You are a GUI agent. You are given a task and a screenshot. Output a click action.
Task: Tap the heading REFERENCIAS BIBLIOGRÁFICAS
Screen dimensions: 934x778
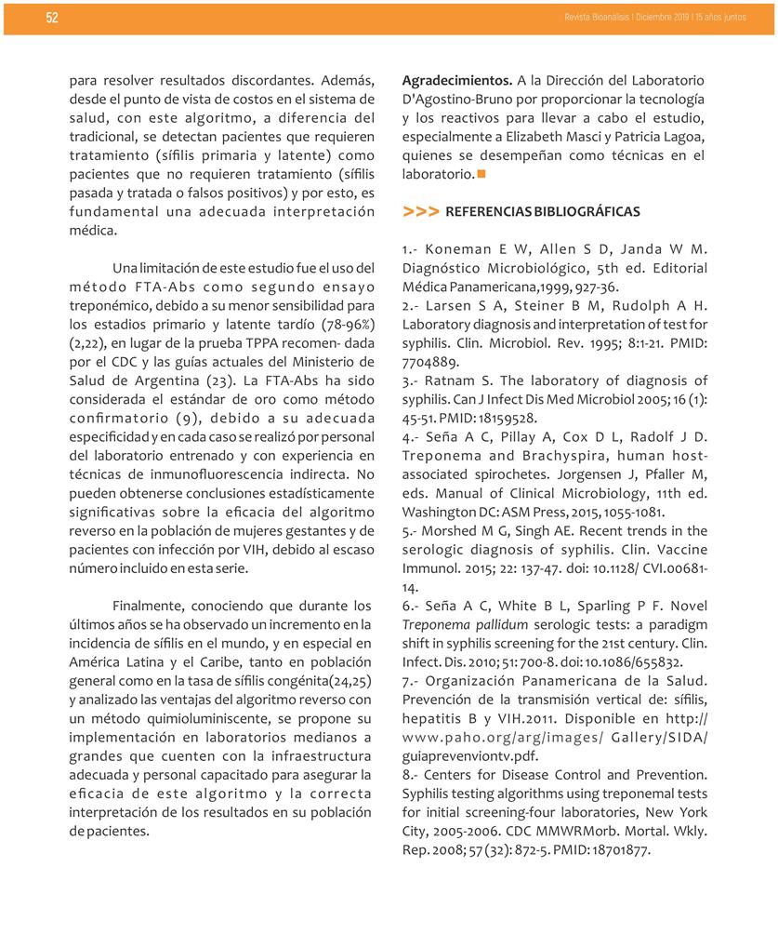click(543, 212)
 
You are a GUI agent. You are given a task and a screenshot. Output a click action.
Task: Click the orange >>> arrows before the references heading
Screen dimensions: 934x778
click(421, 212)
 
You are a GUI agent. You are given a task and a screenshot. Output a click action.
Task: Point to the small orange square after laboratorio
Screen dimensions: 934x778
click(481, 174)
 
